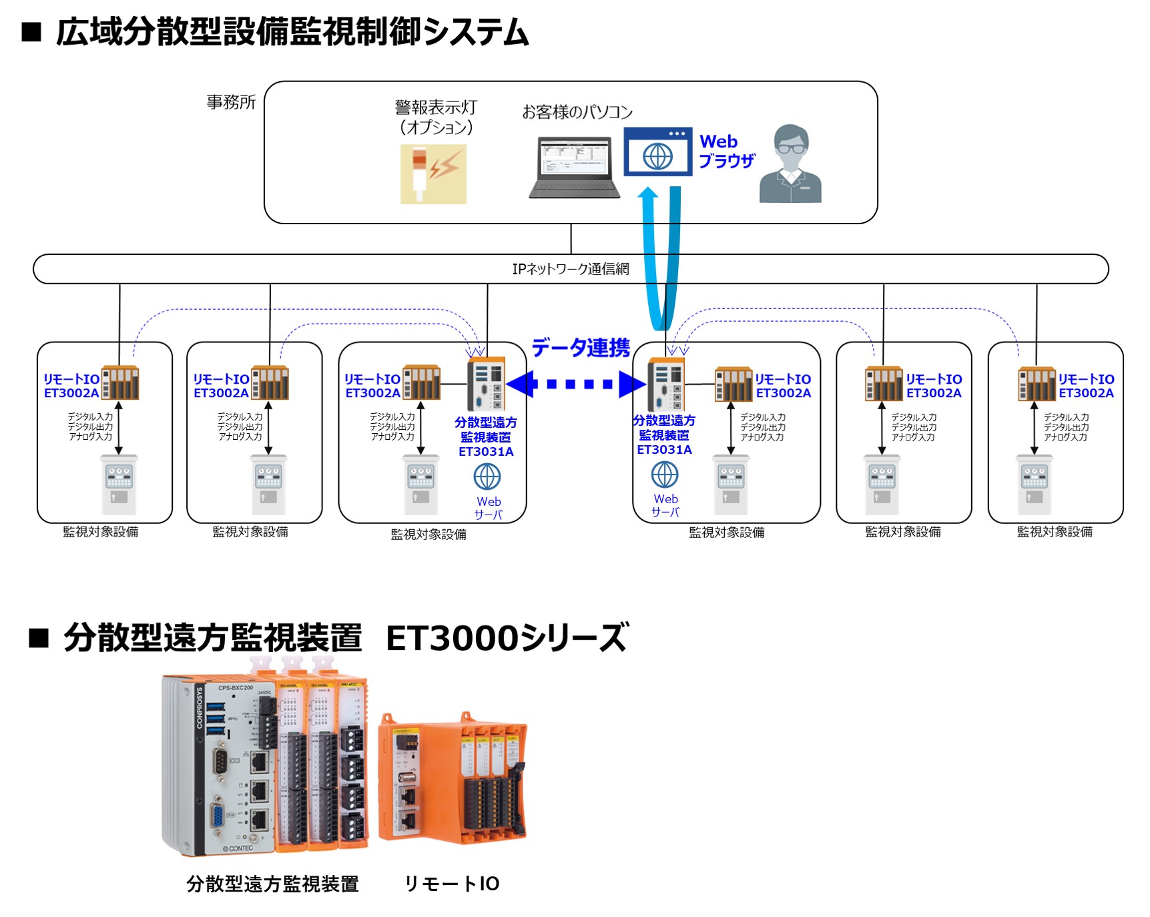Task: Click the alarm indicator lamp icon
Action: [x=433, y=174]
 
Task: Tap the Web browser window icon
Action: [x=657, y=152]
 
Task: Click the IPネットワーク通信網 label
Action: [x=570, y=269]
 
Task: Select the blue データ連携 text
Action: [x=580, y=348]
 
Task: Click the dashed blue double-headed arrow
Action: [x=576, y=384]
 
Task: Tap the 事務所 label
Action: [x=231, y=102]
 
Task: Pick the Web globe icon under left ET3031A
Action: [x=487, y=477]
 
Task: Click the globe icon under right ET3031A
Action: [x=665, y=475]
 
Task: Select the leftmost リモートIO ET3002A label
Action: [x=71, y=386]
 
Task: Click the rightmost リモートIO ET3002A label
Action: [x=1086, y=386]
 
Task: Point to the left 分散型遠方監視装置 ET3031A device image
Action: [x=486, y=383]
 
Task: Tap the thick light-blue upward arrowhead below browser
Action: [x=648, y=194]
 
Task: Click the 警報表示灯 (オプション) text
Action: [x=436, y=117]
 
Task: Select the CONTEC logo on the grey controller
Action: [x=238, y=848]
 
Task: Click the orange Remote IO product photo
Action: [x=453, y=778]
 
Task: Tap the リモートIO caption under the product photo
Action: [x=452, y=884]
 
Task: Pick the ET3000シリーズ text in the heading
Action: [x=507, y=637]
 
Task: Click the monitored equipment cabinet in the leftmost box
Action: [x=119, y=484]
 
